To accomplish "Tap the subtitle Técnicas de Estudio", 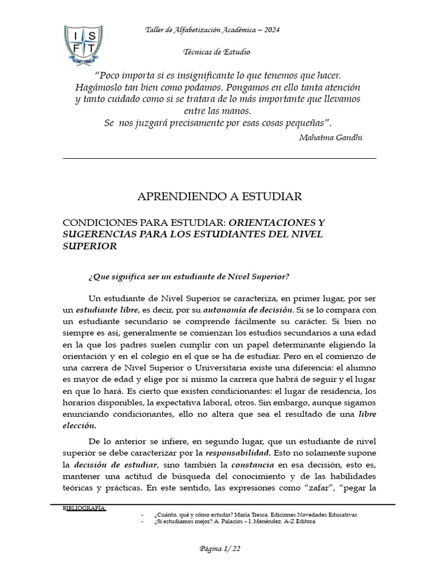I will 217,52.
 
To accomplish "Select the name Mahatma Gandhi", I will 331,138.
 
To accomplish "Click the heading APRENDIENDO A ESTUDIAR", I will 219,197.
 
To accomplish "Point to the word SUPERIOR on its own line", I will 89,246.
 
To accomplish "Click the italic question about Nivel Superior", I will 189,277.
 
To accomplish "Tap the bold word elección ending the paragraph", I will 79,426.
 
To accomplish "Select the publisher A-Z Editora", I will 294,522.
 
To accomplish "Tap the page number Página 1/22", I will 219,549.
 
